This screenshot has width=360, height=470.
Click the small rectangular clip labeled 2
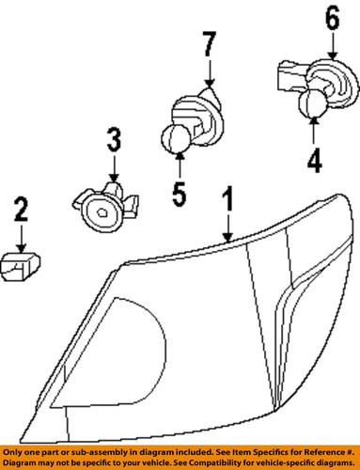[21, 269]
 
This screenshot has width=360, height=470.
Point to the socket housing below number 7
[199, 117]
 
